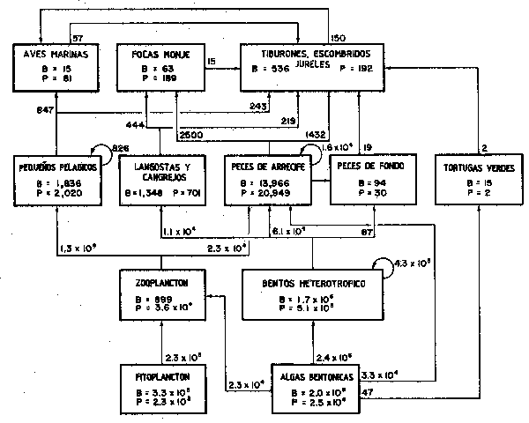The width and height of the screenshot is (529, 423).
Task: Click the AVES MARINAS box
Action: pyautogui.click(x=56, y=65)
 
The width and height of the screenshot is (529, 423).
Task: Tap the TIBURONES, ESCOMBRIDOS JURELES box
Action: pyautogui.click(x=313, y=65)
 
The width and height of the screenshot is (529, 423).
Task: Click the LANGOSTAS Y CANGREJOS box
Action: pyautogui.click(x=160, y=181)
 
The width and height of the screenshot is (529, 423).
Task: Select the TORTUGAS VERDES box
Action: pyautogui.click(x=477, y=181)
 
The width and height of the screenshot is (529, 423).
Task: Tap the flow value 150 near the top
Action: pyautogui.click(x=337, y=37)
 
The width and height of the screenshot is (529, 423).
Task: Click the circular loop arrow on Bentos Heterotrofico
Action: pyautogui.click(x=383, y=263)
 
